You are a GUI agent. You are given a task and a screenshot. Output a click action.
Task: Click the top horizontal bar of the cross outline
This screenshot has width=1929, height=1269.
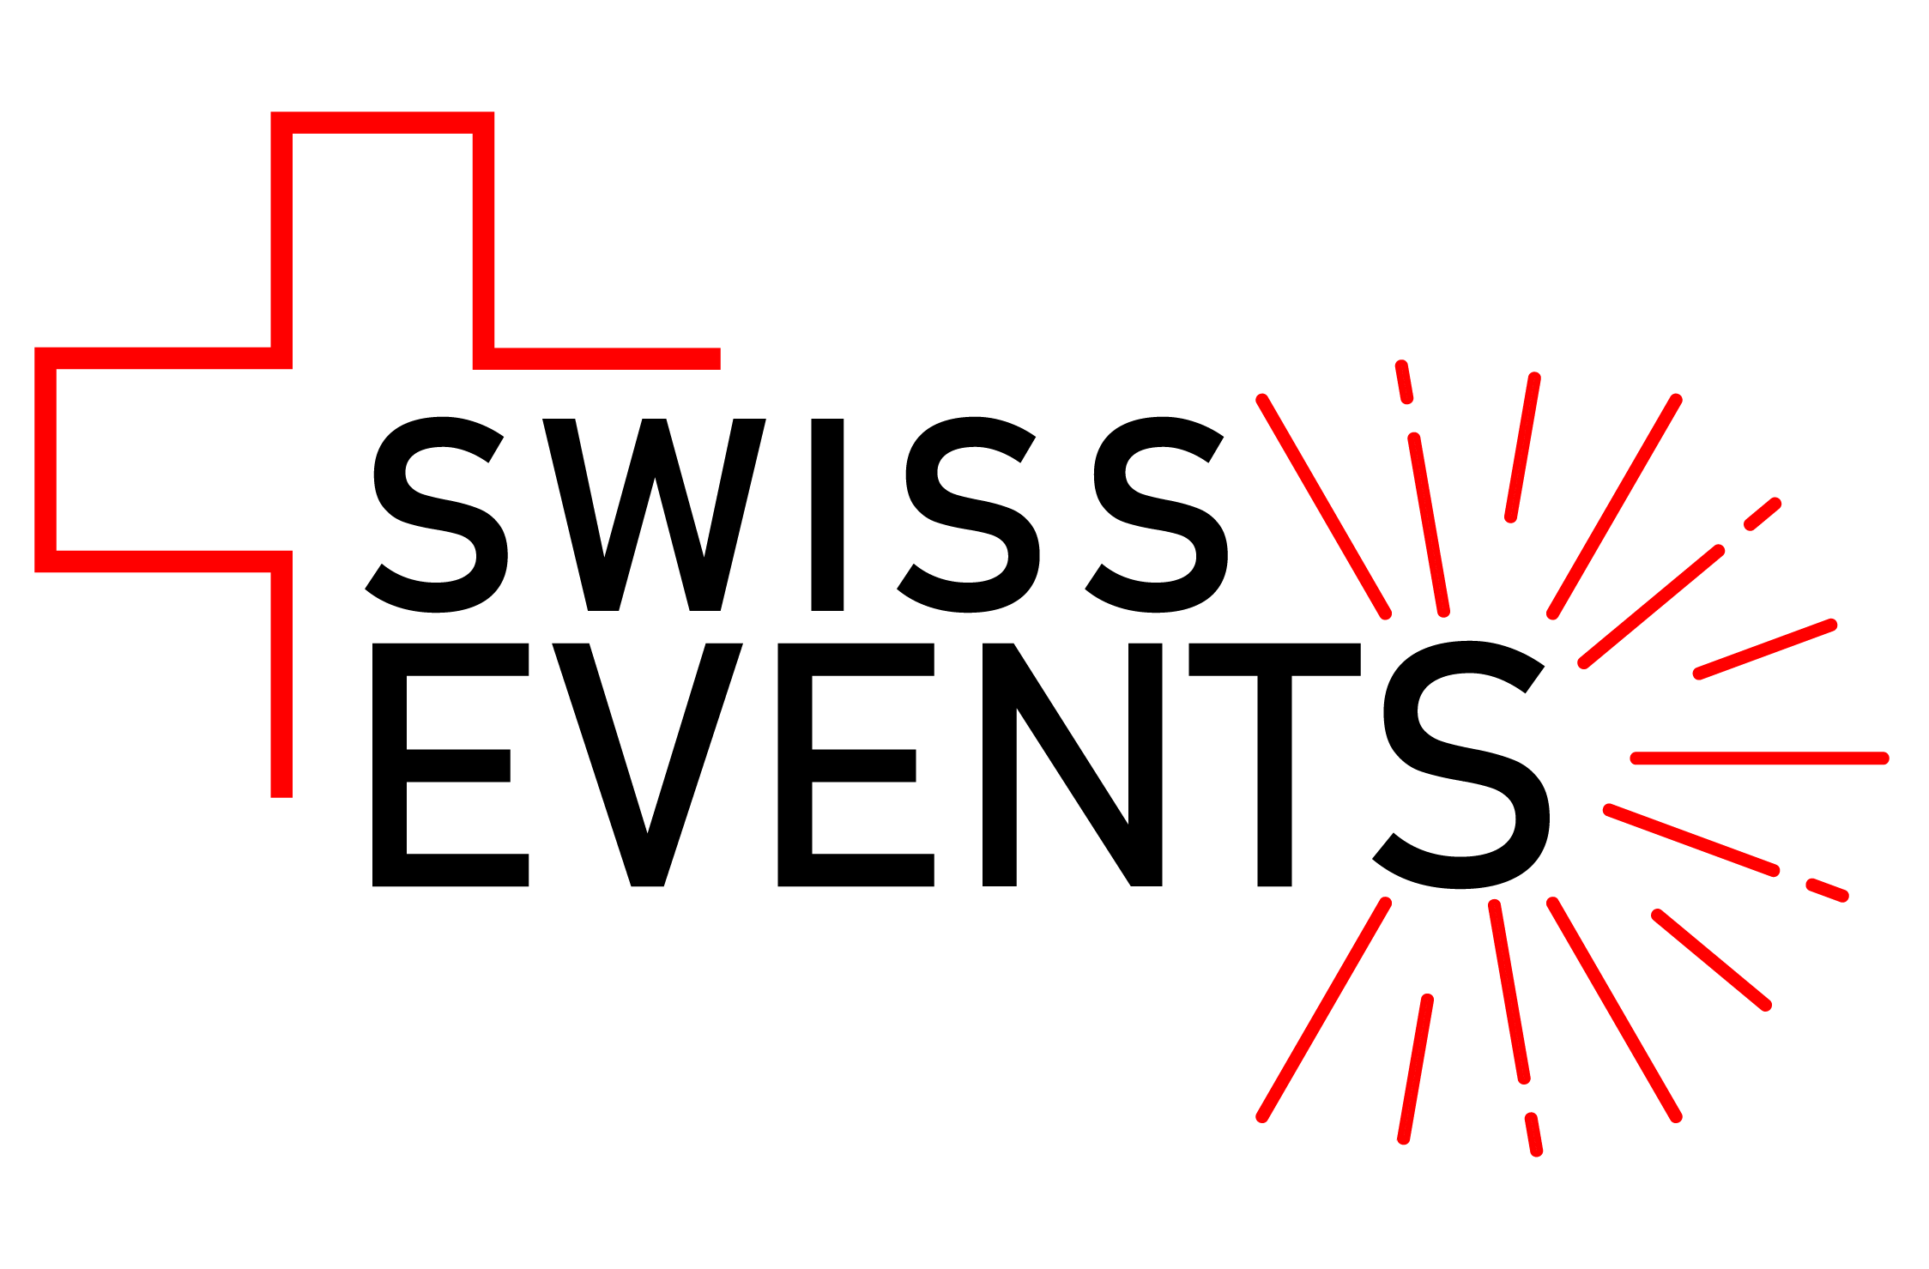[x=383, y=123]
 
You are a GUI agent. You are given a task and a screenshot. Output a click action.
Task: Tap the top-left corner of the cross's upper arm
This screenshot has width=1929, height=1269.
[x=281, y=123]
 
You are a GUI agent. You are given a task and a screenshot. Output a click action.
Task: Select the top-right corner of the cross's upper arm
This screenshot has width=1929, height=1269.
[x=483, y=123]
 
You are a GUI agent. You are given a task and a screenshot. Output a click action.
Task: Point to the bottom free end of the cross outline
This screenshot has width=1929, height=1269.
[x=281, y=795]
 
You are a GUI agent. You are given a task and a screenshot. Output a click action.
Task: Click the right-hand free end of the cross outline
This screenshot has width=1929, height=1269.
[x=717, y=359]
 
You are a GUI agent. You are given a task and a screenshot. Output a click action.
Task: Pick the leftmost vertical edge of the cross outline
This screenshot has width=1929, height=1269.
[x=45, y=460]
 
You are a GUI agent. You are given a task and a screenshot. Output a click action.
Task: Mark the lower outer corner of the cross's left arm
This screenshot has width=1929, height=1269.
[x=45, y=561]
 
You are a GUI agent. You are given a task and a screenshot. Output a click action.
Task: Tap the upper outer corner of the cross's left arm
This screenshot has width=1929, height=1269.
[x=45, y=359]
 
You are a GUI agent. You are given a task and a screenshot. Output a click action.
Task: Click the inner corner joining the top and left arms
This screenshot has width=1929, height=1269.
[x=281, y=359]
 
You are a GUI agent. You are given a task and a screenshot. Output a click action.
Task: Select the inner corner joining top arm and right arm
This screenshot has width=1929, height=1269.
[x=483, y=359]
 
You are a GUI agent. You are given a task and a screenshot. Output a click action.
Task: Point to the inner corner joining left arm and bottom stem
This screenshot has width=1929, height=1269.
[x=281, y=561]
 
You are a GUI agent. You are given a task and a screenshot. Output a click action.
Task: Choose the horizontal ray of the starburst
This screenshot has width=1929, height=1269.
[x=1759, y=758]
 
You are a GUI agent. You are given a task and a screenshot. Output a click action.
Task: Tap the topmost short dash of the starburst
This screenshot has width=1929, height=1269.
[x=1404, y=382]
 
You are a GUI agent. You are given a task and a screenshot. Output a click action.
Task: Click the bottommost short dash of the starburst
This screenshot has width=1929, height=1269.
[x=1533, y=1133]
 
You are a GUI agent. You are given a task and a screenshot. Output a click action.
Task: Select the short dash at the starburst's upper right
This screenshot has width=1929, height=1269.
[x=1763, y=514]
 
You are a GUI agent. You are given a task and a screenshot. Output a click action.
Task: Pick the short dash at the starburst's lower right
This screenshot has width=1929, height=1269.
[x=1827, y=890]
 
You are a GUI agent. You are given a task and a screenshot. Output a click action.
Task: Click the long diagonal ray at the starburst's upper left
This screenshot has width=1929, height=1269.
[x=1322, y=506]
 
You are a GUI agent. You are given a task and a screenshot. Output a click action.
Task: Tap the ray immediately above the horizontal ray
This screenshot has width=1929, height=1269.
[x=1765, y=649]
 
